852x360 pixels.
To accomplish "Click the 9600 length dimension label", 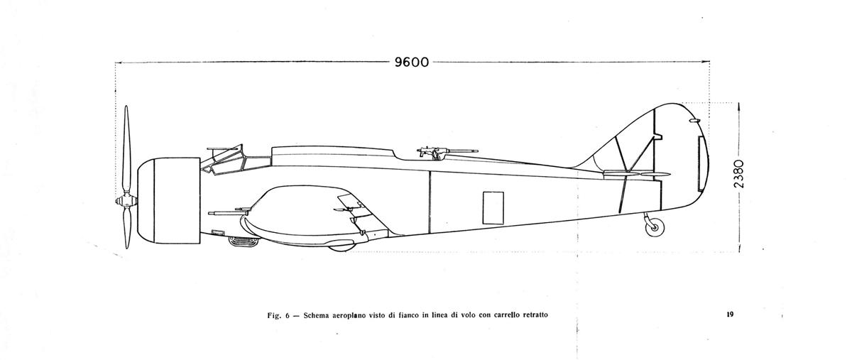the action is click(412, 62).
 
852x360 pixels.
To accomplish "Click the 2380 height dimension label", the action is click(738, 174).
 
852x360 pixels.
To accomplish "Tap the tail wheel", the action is click(655, 227).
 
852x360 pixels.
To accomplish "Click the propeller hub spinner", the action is click(126, 200).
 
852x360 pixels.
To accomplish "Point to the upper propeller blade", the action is click(126, 150).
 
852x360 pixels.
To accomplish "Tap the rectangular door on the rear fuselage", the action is click(493, 208).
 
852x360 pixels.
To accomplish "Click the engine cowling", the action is click(169, 200).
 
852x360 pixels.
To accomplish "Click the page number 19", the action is click(730, 315).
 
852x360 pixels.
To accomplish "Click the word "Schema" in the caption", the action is click(317, 315).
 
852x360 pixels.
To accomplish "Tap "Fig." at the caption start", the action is click(274, 315).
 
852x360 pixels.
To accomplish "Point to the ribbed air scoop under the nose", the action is click(243, 241).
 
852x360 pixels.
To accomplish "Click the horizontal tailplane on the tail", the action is click(637, 173).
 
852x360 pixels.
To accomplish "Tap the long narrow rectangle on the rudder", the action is click(700, 163).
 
